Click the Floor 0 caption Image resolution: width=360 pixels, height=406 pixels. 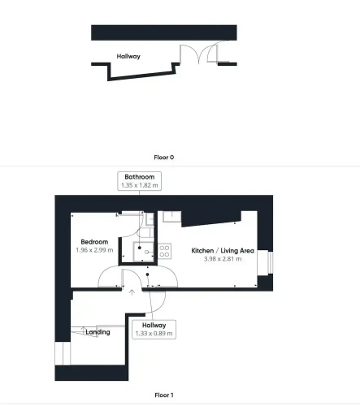(x=164, y=158)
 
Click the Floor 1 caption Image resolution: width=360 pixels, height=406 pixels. (x=164, y=395)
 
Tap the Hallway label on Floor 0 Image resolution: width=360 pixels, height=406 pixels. (x=128, y=56)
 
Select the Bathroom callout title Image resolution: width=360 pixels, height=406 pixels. (x=140, y=177)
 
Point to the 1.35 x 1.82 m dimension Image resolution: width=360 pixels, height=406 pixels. (x=140, y=185)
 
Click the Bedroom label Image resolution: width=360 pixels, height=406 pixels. (x=94, y=242)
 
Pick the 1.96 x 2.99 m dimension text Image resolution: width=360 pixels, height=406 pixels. (x=94, y=250)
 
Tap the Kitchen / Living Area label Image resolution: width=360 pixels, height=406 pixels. (x=223, y=251)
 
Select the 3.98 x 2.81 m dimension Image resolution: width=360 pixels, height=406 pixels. (x=223, y=259)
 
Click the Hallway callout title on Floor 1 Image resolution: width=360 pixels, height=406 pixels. (x=154, y=325)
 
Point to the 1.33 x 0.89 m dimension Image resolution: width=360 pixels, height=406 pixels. (x=154, y=334)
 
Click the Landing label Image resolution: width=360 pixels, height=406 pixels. (x=98, y=332)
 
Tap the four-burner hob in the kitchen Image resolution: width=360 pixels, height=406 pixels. (x=164, y=251)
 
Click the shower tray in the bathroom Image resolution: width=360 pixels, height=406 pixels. (x=143, y=252)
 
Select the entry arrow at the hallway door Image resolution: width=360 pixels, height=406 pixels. (x=132, y=292)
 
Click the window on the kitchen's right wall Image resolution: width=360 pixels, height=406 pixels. (x=270, y=262)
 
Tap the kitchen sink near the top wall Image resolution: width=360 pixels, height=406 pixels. (x=171, y=217)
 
